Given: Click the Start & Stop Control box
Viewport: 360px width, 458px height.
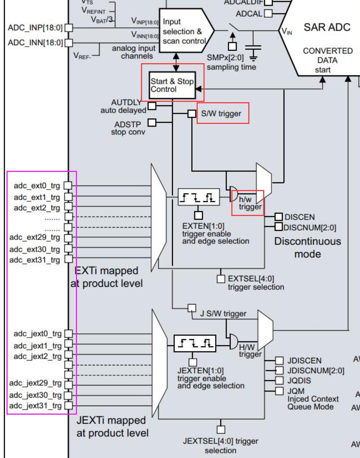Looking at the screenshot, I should pyautogui.click(x=172, y=85).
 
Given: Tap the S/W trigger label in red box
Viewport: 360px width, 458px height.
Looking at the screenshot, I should pyautogui.click(x=221, y=113).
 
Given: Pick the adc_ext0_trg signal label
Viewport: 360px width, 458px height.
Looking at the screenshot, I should pyautogui.click(x=37, y=186).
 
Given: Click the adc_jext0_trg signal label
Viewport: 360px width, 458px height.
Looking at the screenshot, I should pyautogui.click(x=38, y=333).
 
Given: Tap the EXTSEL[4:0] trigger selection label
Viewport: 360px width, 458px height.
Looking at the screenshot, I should pyautogui.click(x=256, y=283).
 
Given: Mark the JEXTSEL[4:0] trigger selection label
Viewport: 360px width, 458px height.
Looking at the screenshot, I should pyautogui.click(x=220, y=445).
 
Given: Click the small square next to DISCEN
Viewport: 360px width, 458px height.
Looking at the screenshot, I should pyautogui.click(x=278, y=217).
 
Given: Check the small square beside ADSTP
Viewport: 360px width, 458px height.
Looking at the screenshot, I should pyautogui.click(x=152, y=123).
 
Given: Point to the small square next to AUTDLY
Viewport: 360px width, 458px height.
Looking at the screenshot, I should pyautogui.click(x=152, y=106).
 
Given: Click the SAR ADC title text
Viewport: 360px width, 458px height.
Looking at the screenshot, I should pyautogui.click(x=327, y=27).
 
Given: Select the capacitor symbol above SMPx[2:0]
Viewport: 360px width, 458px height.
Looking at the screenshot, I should pyautogui.click(x=253, y=47).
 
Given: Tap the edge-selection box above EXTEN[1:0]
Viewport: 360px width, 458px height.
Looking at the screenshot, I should pyautogui.click(x=199, y=197).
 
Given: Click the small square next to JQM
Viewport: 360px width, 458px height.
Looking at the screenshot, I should pyautogui.click(x=279, y=391).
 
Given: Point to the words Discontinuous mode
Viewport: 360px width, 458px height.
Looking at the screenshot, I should pyautogui.click(x=307, y=247).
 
